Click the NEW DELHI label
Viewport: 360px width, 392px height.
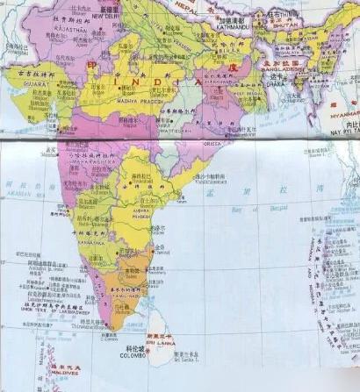click(x=104, y=16)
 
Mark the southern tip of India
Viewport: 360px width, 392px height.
click(x=112, y=330)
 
